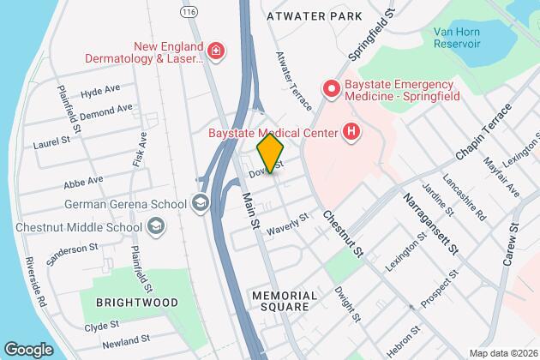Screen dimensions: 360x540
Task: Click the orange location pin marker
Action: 270,153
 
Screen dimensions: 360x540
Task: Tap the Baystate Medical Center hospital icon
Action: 350,132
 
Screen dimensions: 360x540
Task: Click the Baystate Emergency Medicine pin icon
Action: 330,88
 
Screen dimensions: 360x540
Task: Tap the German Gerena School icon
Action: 201,203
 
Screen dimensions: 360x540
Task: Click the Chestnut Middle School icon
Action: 157,225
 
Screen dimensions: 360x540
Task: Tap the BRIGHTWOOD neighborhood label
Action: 137,303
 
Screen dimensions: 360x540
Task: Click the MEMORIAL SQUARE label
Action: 285,303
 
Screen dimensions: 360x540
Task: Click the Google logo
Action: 28,349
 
